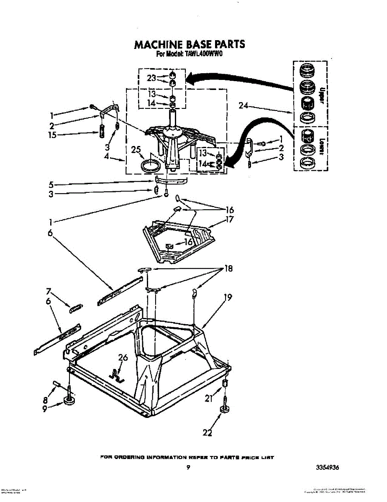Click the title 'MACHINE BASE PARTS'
(189, 44)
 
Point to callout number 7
(49, 291)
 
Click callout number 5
(51, 184)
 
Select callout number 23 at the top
(151, 78)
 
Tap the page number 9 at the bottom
(189, 468)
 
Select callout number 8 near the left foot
(45, 400)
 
